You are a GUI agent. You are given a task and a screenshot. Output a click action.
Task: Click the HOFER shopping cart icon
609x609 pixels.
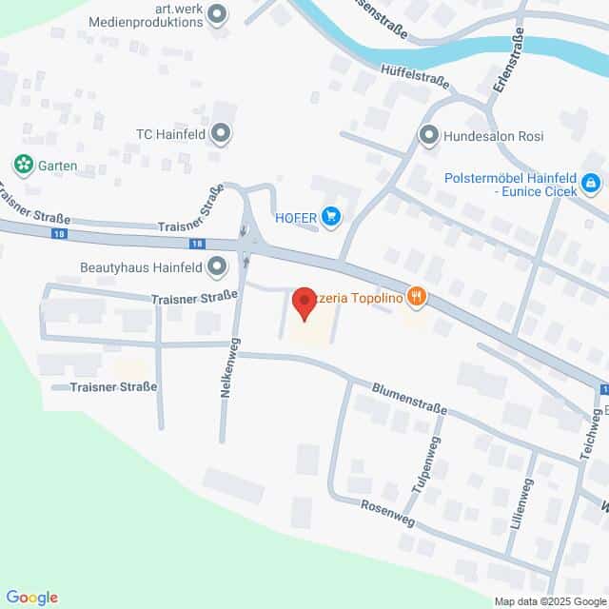tap(331, 218)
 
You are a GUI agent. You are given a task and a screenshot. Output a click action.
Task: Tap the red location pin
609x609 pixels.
tap(304, 302)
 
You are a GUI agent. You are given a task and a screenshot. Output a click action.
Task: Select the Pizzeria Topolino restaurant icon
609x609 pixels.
tap(416, 298)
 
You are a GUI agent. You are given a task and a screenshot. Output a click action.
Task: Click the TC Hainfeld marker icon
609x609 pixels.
tap(222, 134)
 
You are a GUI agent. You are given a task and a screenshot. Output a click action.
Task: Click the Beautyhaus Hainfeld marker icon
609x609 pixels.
tap(217, 265)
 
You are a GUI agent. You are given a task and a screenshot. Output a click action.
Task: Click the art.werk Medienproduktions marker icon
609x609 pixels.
tap(218, 13)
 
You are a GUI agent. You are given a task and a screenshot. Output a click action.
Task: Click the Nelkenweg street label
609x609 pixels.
tap(228, 376)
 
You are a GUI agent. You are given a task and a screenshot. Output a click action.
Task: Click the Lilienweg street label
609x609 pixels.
tap(519, 505)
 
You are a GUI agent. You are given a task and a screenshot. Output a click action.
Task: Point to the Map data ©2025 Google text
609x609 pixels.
tap(549, 601)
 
